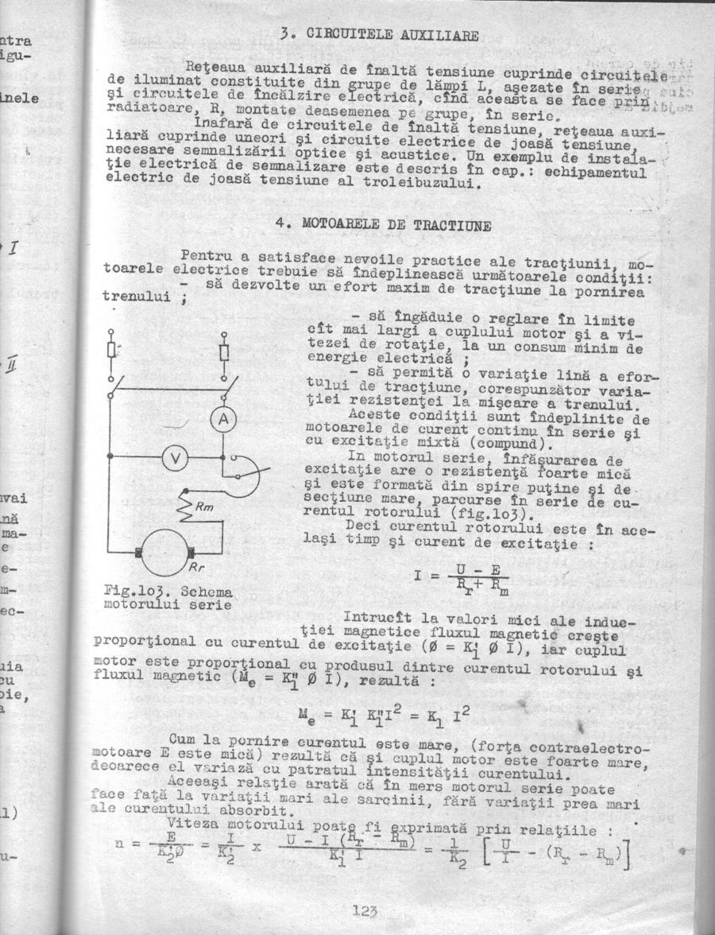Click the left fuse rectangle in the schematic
[x=111, y=351]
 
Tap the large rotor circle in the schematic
[x=166, y=552]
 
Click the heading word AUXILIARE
[x=440, y=36]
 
